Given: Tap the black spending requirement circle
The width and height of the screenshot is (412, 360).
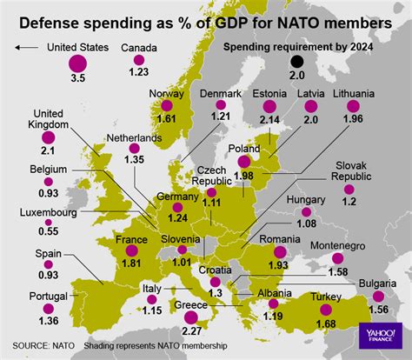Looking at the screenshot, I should (x=296, y=61).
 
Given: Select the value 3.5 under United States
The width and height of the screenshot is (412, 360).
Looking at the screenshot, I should (x=76, y=79).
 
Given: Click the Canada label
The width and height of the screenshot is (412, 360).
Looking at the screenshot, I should (x=139, y=47).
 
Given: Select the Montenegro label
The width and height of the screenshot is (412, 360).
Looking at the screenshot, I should (x=341, y=246).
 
